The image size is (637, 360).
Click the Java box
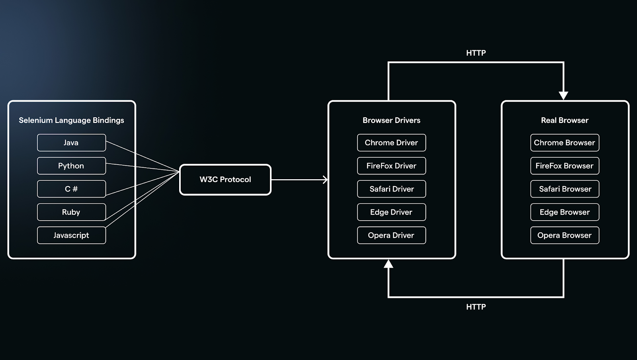71,143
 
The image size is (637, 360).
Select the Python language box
71,166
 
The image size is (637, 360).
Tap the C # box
71,189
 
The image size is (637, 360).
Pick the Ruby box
71,212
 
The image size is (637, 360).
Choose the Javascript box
71,235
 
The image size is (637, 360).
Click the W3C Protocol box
225,180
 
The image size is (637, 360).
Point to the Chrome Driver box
392,143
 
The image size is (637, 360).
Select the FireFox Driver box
392,166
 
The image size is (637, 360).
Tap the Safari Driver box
392,189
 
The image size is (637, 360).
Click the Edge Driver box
392,212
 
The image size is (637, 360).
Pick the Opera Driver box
392,235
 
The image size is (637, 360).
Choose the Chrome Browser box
565,143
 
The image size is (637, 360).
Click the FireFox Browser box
565,166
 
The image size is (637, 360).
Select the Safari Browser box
565,189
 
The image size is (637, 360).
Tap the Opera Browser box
565,235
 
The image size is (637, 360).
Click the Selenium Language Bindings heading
71,121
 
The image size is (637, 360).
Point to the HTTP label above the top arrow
476,53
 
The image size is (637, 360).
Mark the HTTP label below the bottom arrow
476,307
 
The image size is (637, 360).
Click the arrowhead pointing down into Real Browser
563,96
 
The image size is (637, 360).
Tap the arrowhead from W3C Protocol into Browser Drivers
325,180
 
